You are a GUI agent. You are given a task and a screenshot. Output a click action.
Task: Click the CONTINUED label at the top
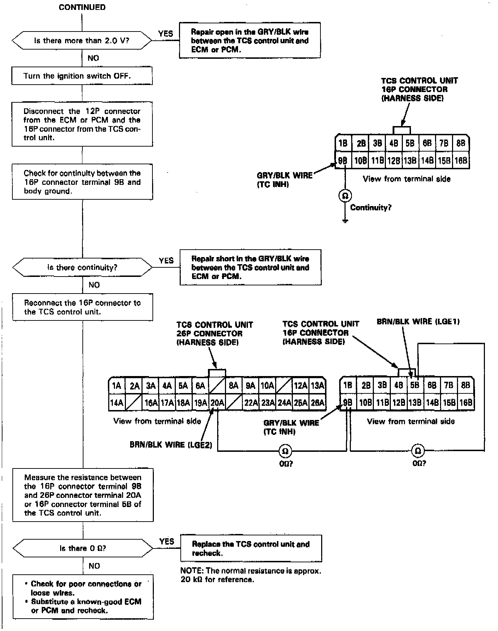82,7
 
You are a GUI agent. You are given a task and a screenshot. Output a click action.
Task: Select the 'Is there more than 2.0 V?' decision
82,41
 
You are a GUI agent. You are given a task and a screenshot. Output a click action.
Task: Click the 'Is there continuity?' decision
82,267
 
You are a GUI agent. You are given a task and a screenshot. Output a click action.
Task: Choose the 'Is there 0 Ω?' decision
83,548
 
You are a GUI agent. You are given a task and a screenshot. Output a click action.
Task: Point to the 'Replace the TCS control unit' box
251,548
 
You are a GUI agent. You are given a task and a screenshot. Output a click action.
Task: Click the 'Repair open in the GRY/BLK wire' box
250,41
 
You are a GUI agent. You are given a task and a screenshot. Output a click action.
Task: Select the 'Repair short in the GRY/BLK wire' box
250,267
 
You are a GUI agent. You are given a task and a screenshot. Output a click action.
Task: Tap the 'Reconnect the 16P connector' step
82,307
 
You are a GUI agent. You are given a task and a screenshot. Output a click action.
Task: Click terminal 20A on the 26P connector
217,403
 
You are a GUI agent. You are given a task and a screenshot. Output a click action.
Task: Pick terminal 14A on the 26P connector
116,403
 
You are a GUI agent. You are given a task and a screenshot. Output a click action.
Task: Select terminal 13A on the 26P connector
317,386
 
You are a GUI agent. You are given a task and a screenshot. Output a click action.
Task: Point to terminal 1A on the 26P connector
116,386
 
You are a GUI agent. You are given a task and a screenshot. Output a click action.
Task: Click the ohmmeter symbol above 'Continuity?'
345,195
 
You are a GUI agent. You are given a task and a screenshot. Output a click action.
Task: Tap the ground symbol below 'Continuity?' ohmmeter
345,221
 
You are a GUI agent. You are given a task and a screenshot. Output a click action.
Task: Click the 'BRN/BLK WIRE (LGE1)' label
418,322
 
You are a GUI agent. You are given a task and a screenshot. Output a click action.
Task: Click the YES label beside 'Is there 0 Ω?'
167,541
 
